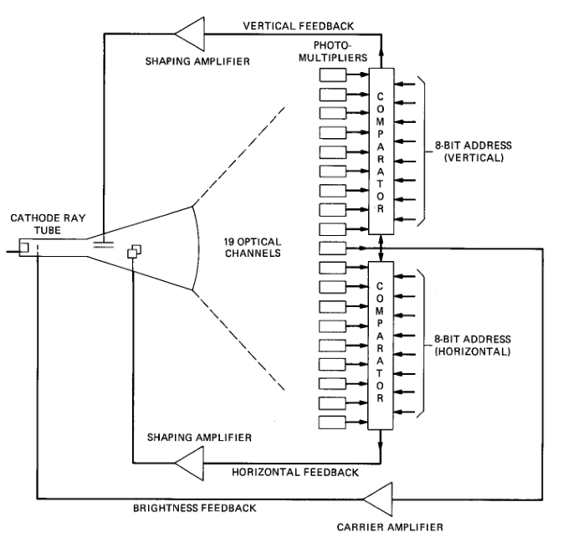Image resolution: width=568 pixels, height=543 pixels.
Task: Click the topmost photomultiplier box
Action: [334, 74]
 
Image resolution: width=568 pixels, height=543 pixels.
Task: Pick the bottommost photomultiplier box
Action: [334, 418]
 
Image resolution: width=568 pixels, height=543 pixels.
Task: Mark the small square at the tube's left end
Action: [25, 246]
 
